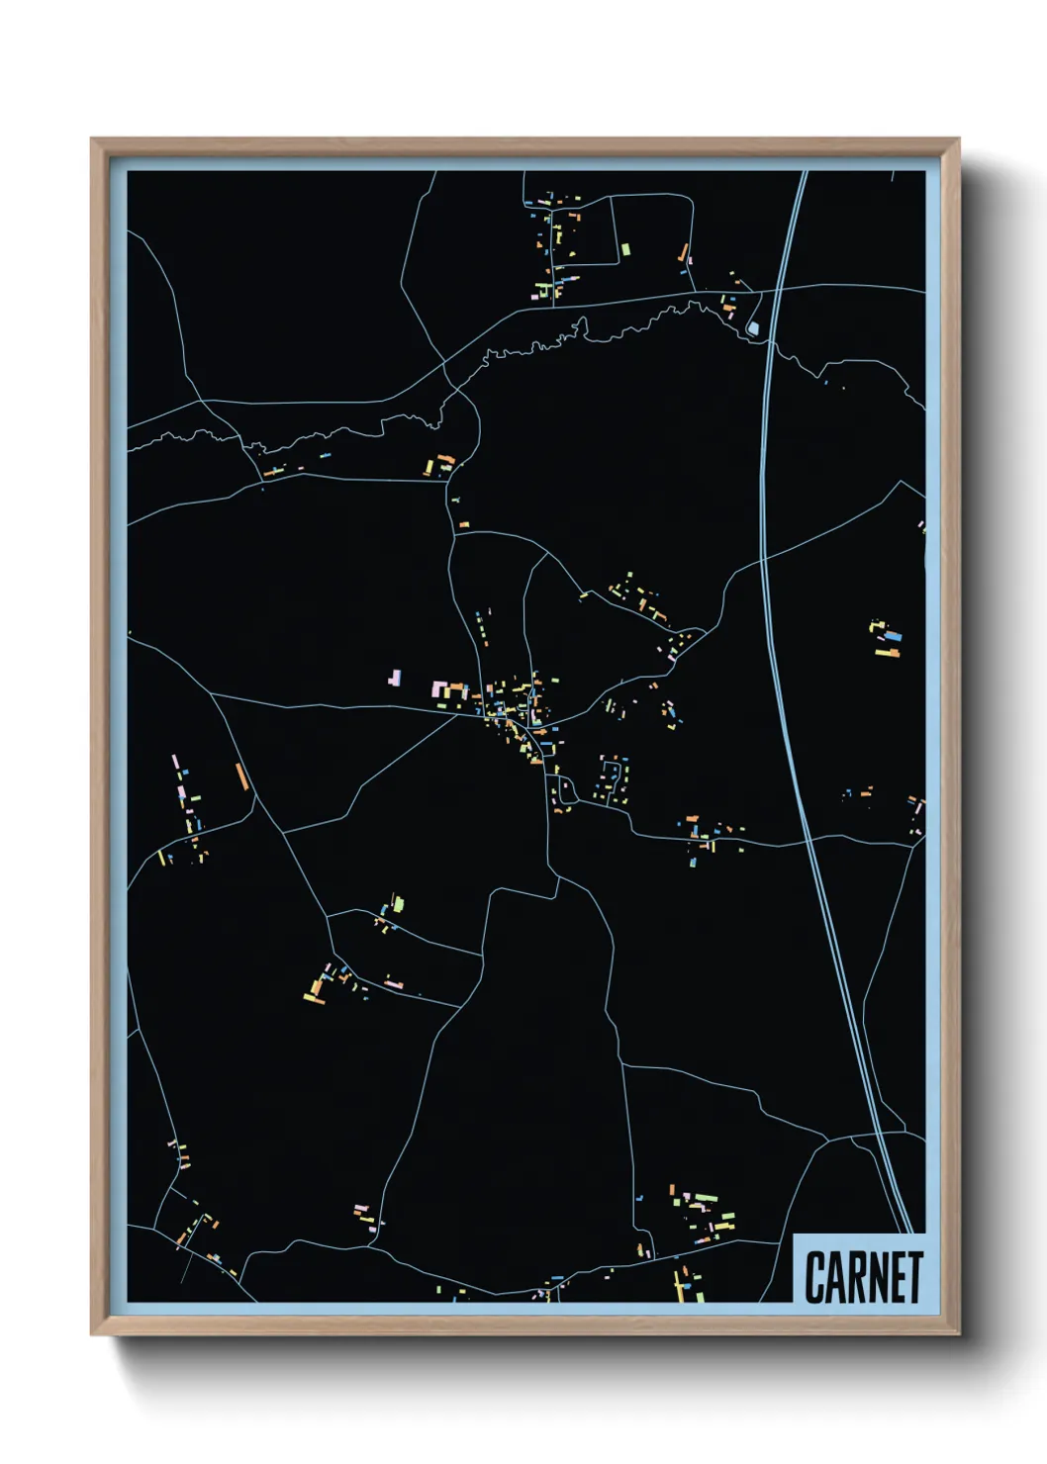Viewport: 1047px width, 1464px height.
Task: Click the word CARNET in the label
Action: point(863,1277)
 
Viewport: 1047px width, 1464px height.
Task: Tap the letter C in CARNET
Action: point(815,1277)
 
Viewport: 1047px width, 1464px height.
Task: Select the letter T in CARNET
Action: point(915,1277)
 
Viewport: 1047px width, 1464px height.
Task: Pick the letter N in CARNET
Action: point(877,1277)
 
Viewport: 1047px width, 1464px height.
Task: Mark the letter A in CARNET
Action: point(835,1277)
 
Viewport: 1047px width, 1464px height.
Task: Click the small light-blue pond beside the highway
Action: point(753,327)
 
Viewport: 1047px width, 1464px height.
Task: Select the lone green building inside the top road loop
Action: point(625,249)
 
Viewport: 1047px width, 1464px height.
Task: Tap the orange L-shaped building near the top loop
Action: point(683,253)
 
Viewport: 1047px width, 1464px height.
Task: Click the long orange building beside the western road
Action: point(240,776)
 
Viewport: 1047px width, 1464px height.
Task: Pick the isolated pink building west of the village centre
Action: point(396,679)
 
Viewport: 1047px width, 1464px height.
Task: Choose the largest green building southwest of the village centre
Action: point(398,903)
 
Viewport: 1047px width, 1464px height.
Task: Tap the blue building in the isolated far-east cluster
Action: point(894,638)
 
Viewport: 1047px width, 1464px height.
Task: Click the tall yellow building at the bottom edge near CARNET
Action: point(679,1285)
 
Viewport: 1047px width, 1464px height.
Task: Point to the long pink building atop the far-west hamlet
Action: point(175,765)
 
